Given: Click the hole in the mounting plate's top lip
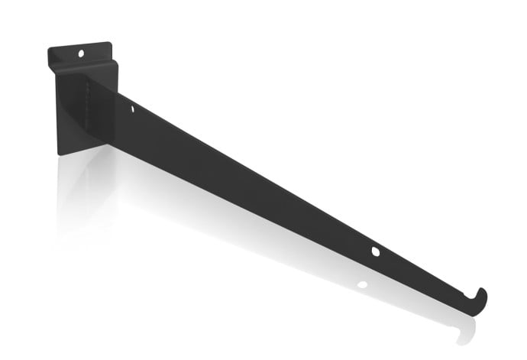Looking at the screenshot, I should point(81,53).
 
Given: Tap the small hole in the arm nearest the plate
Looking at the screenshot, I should point(132,109).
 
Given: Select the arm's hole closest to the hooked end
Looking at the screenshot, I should point(375,251).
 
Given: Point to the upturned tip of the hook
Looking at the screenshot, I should point(483,290).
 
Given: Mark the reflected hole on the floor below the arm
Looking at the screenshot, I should point(362,285).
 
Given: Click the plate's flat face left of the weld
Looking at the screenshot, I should point(73,111).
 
